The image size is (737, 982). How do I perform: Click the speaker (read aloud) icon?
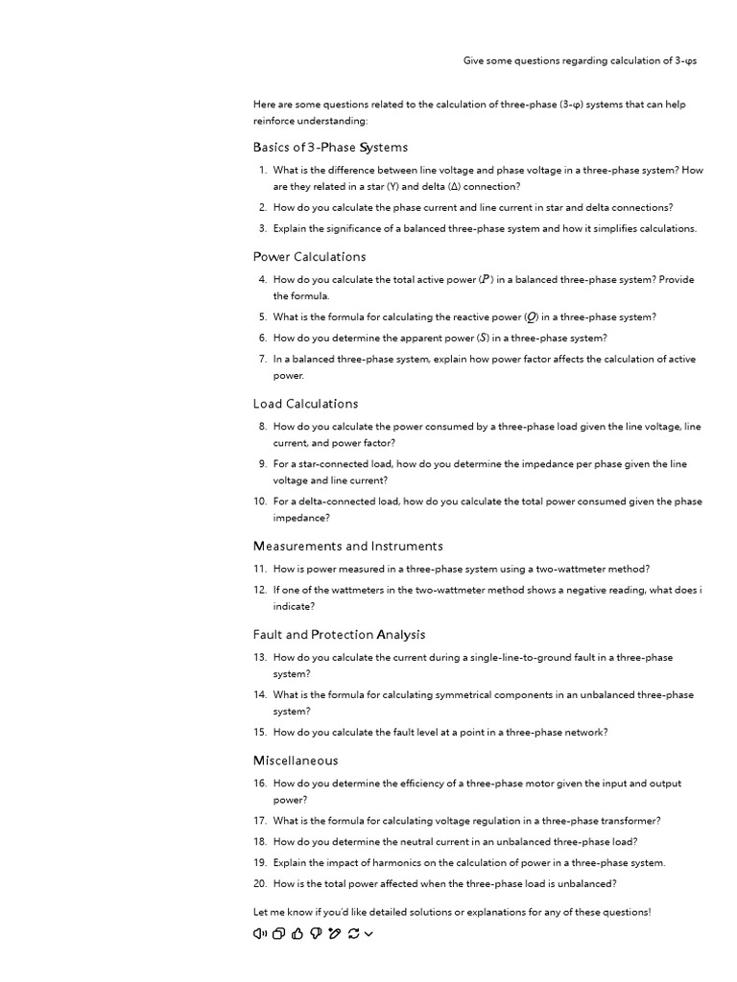259,934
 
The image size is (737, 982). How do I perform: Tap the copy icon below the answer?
278,934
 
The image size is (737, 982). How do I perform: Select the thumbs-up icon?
297,934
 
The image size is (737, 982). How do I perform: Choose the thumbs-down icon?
316,934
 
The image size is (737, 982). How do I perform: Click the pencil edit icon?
334,934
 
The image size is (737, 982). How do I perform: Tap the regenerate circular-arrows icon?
353,934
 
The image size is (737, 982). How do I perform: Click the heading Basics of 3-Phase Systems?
330,148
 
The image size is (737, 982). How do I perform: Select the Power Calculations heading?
309,257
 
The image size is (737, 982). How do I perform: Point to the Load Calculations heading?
305,404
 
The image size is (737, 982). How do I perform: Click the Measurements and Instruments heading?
347,547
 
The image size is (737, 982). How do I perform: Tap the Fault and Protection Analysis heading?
339,635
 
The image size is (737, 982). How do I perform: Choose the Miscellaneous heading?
296,761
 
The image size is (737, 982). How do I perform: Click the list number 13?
260,658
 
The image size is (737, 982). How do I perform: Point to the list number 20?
260,884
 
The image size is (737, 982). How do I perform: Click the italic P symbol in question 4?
486,280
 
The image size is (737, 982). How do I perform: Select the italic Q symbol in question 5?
531,317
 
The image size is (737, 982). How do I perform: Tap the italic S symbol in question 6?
484,339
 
